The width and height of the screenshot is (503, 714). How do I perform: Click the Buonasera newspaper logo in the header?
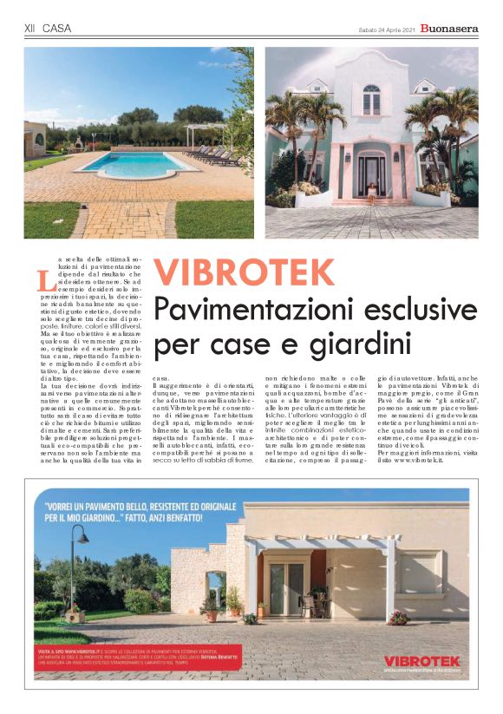click(x=448, y=29)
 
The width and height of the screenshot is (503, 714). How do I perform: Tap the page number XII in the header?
click(x=29, y=29)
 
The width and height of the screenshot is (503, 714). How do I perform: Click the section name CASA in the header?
click(x=56, y=29)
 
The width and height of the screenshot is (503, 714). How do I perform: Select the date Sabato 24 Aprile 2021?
click(x=386, y=29)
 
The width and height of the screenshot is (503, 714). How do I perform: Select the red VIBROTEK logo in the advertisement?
click(x=421, y=661)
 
